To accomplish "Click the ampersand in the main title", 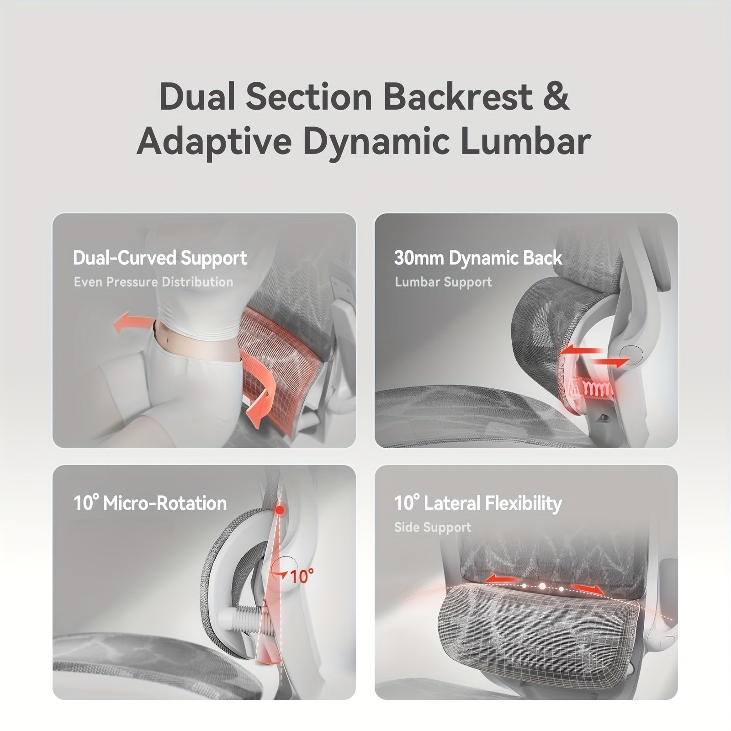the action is coord(556,97).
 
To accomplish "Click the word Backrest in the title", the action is coord(458,97).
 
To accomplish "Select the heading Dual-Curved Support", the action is coord(160,258).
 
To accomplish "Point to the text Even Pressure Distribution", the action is coord(154,282).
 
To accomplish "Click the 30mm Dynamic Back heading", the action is coord(478,258).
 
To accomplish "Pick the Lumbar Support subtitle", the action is coord(443,282).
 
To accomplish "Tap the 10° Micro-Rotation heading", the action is coord(150,503).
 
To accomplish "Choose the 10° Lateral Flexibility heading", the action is coord(478,503).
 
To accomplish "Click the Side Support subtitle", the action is coord(433,527).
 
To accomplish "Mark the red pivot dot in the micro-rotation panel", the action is coord(280,509).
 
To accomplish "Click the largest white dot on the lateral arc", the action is coord(542,586).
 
